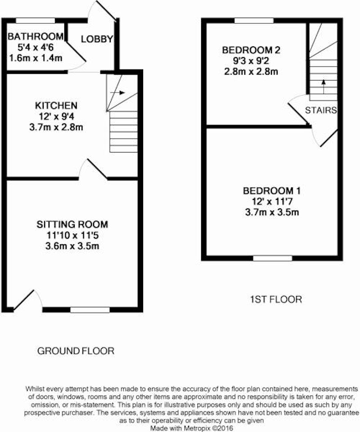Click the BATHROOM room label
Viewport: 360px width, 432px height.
click(36, 36)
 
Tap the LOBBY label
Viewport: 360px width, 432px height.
click(97, 39)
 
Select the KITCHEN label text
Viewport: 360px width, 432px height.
click(56, 105)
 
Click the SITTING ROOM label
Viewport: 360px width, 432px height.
click(72, 225)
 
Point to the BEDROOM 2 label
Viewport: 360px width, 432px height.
click(251, 50)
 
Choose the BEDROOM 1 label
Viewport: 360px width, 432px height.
click(272, 191)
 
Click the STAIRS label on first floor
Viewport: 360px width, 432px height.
click(321, 111)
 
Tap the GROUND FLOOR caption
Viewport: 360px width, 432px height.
click(76, 351)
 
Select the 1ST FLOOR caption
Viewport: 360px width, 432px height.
click(276, 299)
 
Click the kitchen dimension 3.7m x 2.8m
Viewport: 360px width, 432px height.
click(56, 127)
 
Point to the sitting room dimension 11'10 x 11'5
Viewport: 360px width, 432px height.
click(72, 235)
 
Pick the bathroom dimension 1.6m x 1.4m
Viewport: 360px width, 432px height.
click(36, 58)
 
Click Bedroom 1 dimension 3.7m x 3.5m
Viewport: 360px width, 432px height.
click(272, 212)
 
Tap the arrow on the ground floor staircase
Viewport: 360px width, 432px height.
click(119, 93)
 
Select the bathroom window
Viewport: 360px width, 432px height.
click(35, 21)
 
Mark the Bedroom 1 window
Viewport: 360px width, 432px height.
click(273, 258)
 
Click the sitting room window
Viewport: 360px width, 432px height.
click(90, 310)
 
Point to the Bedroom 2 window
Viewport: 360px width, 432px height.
click(254, 21)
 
